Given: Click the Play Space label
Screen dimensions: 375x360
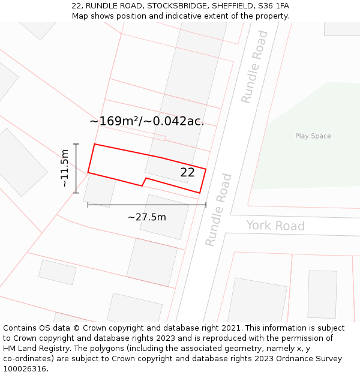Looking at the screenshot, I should coord(313,136).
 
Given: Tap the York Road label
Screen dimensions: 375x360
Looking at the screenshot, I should coord(275,226).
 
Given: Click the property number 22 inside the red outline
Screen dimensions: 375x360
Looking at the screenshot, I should coord(187,173).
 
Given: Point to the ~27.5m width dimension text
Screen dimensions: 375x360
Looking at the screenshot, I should coord(146,217).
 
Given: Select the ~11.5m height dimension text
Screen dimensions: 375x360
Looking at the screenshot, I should coord(65,169).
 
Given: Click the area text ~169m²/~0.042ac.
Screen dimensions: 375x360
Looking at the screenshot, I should coord(147,121).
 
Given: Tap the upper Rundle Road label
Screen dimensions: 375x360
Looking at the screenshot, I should coord(254,75).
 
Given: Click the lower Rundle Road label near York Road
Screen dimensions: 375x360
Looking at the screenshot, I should coord(218,210).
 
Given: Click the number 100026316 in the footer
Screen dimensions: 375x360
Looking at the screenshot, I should coord(24,369).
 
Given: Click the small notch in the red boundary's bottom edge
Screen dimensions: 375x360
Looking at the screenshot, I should coord(144,181).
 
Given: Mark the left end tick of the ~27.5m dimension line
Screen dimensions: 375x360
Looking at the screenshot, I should coord(88,205).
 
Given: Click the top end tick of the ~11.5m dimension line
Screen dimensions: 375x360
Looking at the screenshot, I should coord(76,144).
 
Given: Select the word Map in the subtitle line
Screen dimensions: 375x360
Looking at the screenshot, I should coord(80,16).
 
